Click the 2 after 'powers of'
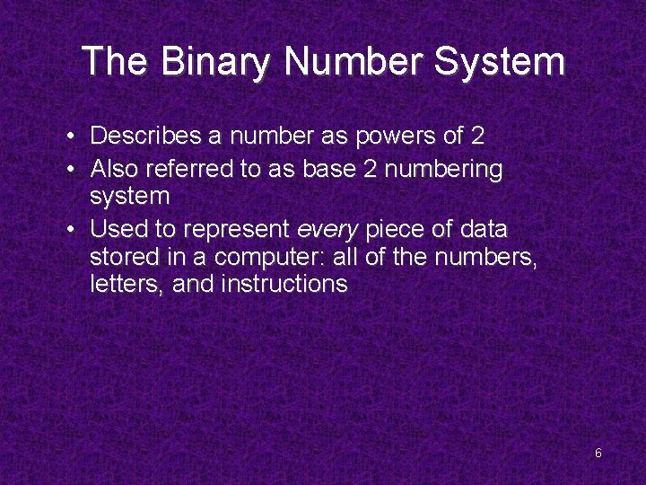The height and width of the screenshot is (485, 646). [477, 137]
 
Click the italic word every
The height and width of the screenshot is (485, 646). [327, 229]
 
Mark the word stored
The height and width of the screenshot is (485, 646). [122, 258]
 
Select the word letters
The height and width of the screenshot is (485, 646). [122, 286]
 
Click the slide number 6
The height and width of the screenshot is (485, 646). [598, 454]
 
